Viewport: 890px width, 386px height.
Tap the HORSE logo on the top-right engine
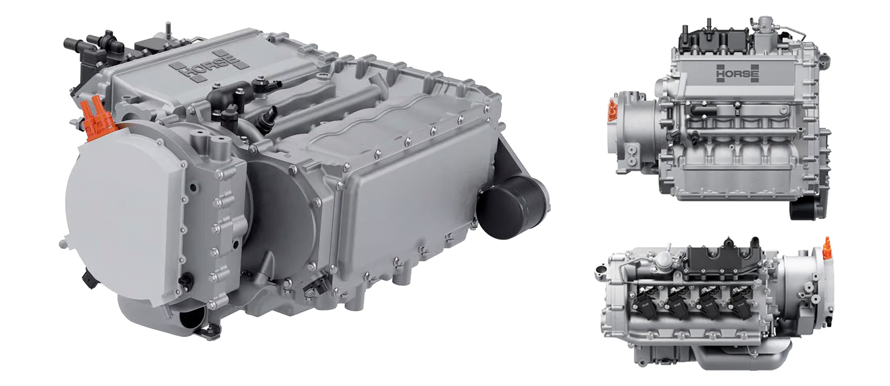(x=738, y=73)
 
